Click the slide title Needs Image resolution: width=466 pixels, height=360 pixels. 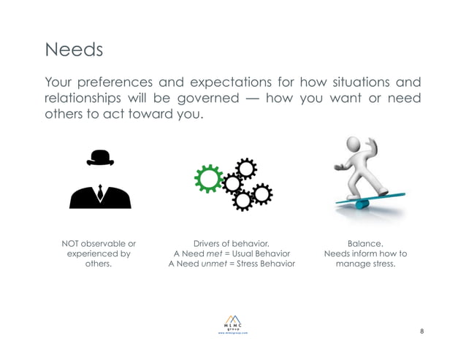click(x=74, y=50)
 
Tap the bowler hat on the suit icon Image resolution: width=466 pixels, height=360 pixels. click(x=100, y=157)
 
